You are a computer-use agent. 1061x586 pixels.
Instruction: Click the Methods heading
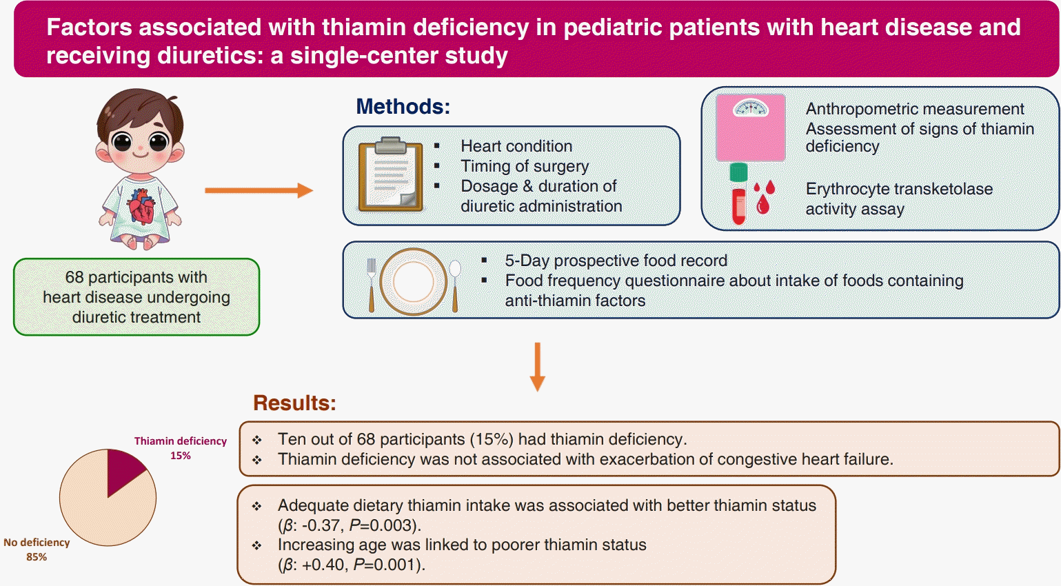pos(403,107)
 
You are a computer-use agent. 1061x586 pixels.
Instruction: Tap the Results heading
pos(294,403)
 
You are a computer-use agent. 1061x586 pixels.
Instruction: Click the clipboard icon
pos(391,174)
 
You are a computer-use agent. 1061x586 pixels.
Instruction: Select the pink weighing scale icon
pos(751,128)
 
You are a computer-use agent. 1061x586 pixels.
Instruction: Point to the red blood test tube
pos(738,194)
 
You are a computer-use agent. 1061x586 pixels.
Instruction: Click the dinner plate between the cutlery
pos(414,281)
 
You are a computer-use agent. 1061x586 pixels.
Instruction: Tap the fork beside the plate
pos(372,285)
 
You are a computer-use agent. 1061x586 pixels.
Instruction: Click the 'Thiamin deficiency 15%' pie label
pos(181,448)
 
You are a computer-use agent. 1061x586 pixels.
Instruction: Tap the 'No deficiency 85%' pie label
pos(37,549)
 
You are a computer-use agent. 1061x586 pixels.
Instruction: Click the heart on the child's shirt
pos(141,205)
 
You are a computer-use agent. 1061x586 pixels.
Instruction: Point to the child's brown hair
pos(140,114)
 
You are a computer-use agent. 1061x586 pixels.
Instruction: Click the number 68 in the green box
pos(74,277)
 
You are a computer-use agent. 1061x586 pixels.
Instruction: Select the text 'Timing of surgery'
pos(525,166)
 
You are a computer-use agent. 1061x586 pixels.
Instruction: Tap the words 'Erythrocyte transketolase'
pos(899,189)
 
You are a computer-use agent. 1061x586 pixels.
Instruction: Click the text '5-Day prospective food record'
pos(616,261)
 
